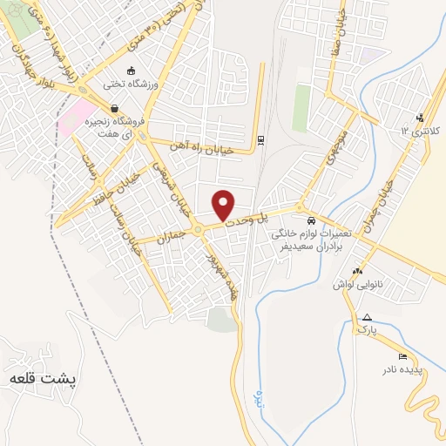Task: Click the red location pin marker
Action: point(224,205)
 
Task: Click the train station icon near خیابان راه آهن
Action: point(261,140)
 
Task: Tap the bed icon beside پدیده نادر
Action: point(402,357)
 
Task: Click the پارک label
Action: point(367,331)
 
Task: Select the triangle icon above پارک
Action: point(367,318)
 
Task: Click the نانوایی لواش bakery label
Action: point(357,283)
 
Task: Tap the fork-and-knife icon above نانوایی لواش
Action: point(357,270)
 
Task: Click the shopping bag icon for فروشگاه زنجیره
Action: point(115,109)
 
